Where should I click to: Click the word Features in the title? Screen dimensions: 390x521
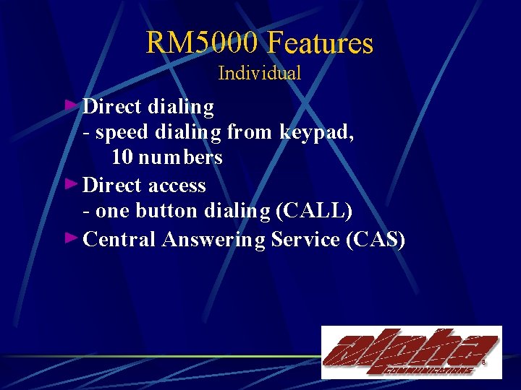point(321,43)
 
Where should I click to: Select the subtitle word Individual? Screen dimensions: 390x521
point(259,73)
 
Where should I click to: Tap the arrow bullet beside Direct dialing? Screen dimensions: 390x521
point(70,106)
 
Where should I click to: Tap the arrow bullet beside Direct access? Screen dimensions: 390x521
point(70,184)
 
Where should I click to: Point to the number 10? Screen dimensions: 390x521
point(122,157)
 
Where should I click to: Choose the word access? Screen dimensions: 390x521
point(177,186)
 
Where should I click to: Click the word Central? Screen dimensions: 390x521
point(119,239)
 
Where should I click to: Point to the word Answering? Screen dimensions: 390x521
point(214,239)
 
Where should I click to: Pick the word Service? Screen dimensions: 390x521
point(305,239)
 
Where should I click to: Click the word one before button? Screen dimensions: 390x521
point(110,212)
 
